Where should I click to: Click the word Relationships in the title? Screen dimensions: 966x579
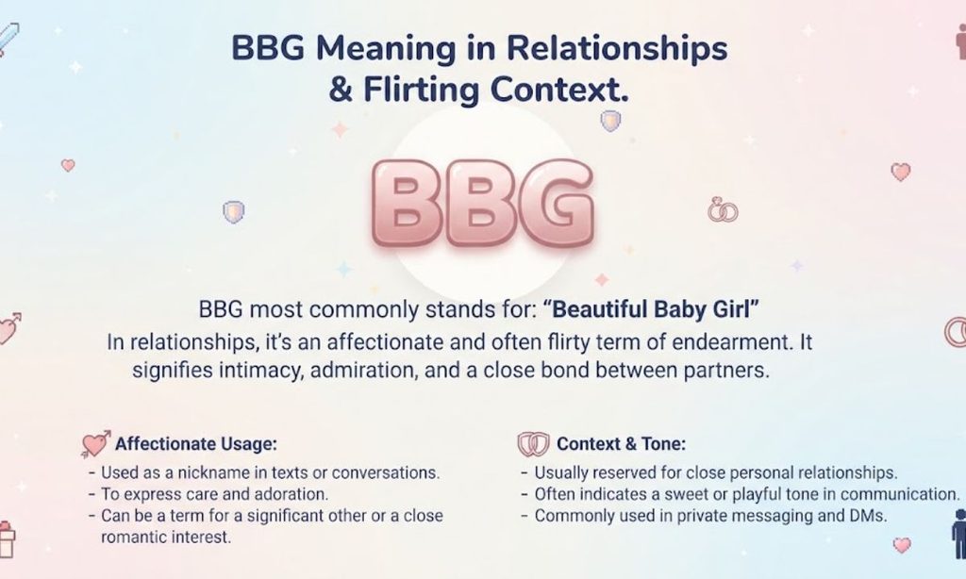[617, 49]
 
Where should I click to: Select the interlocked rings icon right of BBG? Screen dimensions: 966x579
[723, 210]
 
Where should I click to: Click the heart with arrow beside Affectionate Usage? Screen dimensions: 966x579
[95, 443]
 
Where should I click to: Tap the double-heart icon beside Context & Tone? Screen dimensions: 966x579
[533, 443]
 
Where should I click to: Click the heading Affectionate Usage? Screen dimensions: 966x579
[196, 444]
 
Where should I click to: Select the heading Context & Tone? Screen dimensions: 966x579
[621, 444]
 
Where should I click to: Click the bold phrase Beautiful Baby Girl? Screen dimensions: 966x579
[651, 309]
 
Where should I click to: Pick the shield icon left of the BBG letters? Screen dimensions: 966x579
[234, 212]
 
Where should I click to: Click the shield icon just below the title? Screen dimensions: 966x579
[610, 121]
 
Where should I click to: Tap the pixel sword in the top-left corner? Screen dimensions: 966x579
[8, 39]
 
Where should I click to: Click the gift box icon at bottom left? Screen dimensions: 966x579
[7, 539]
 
